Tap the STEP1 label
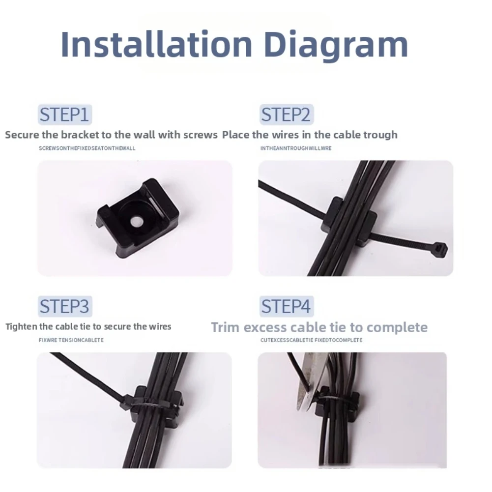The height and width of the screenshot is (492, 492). point(65,115)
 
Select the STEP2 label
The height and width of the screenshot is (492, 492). point(286,115)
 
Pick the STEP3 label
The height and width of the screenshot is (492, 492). point(65,306)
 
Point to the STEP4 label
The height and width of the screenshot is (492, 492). point(286,306)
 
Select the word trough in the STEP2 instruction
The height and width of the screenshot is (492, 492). point(380,135)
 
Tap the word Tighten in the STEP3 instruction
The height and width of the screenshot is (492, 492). point(22,327)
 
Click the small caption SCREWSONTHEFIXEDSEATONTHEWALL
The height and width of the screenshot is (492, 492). point(87,148)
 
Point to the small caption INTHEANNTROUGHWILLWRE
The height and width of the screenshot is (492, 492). point(296,148)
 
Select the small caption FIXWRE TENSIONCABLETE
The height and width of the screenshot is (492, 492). point(71,340)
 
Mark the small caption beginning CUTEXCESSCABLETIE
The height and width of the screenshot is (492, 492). point(311,340)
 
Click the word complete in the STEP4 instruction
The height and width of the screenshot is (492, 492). point(397,328)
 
